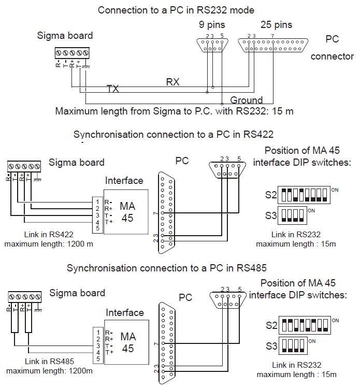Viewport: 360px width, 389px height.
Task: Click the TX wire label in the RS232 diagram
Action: click(x=112, y=89)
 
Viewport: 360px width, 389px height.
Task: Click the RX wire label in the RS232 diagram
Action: click(x=173, y=82)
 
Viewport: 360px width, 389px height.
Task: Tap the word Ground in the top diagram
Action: click(x=247, y=100)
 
